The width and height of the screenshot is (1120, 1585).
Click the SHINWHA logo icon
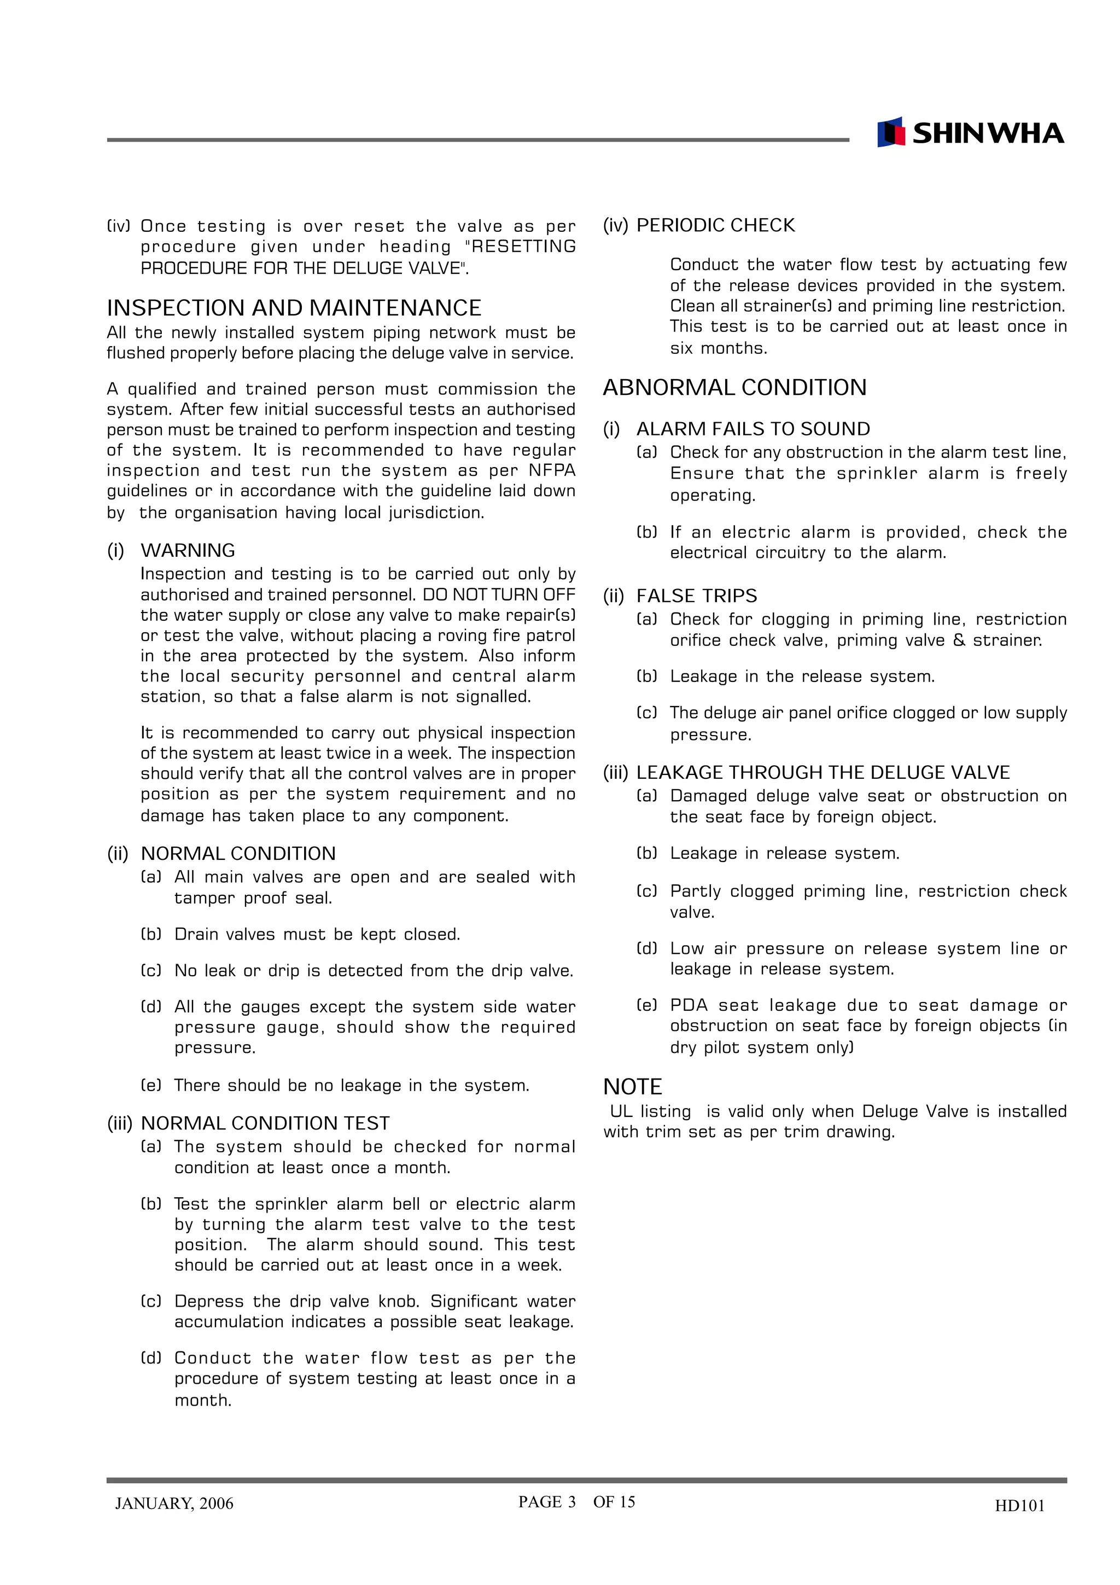[890, 132]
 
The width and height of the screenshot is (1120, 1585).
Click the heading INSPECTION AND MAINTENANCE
[294, 307]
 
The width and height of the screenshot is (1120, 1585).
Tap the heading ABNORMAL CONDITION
[734, 387]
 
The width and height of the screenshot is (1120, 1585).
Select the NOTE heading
[632, 1087]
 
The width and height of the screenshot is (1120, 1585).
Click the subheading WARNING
[188, 550]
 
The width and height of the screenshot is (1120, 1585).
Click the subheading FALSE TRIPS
[696, 595]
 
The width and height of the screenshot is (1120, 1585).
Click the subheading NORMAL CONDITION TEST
[265, 1123]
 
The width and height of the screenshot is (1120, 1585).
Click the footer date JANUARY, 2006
[174, 1504]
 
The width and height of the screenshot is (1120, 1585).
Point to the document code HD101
[1019, 1506]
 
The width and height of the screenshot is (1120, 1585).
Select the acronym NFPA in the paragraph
[551, 470]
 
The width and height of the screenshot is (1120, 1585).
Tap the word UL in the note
[621, 1111]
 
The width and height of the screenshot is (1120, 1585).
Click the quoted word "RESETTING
[522, 247]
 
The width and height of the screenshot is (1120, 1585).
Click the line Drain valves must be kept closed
[317, 934]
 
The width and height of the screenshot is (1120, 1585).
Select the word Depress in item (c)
[207, 1301]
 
